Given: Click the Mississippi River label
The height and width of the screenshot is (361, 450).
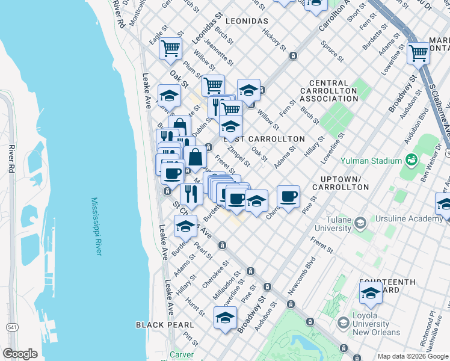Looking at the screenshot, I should tap(97, 226).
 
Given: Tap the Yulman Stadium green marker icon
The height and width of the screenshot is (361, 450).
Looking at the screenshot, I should tap(411, 161).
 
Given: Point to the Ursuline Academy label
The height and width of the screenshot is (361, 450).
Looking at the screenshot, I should tap(409, 219).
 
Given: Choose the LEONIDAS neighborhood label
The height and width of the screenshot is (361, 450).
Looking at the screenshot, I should tap(247, 21).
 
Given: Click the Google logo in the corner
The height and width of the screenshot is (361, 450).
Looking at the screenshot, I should tap(20, 353).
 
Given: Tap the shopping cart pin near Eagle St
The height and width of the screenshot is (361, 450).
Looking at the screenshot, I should tap(171, 48).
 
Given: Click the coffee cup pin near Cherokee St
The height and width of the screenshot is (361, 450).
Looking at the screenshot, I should tap(288, 196).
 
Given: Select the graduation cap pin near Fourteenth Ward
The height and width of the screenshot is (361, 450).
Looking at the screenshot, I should tap(371, 294).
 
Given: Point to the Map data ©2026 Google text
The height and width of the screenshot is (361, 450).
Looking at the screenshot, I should tap(412, 356).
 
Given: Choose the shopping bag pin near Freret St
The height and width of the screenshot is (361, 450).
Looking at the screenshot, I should tap(195, 158).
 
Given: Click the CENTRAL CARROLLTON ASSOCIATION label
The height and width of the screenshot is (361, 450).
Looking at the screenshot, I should tap(337, 91).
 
